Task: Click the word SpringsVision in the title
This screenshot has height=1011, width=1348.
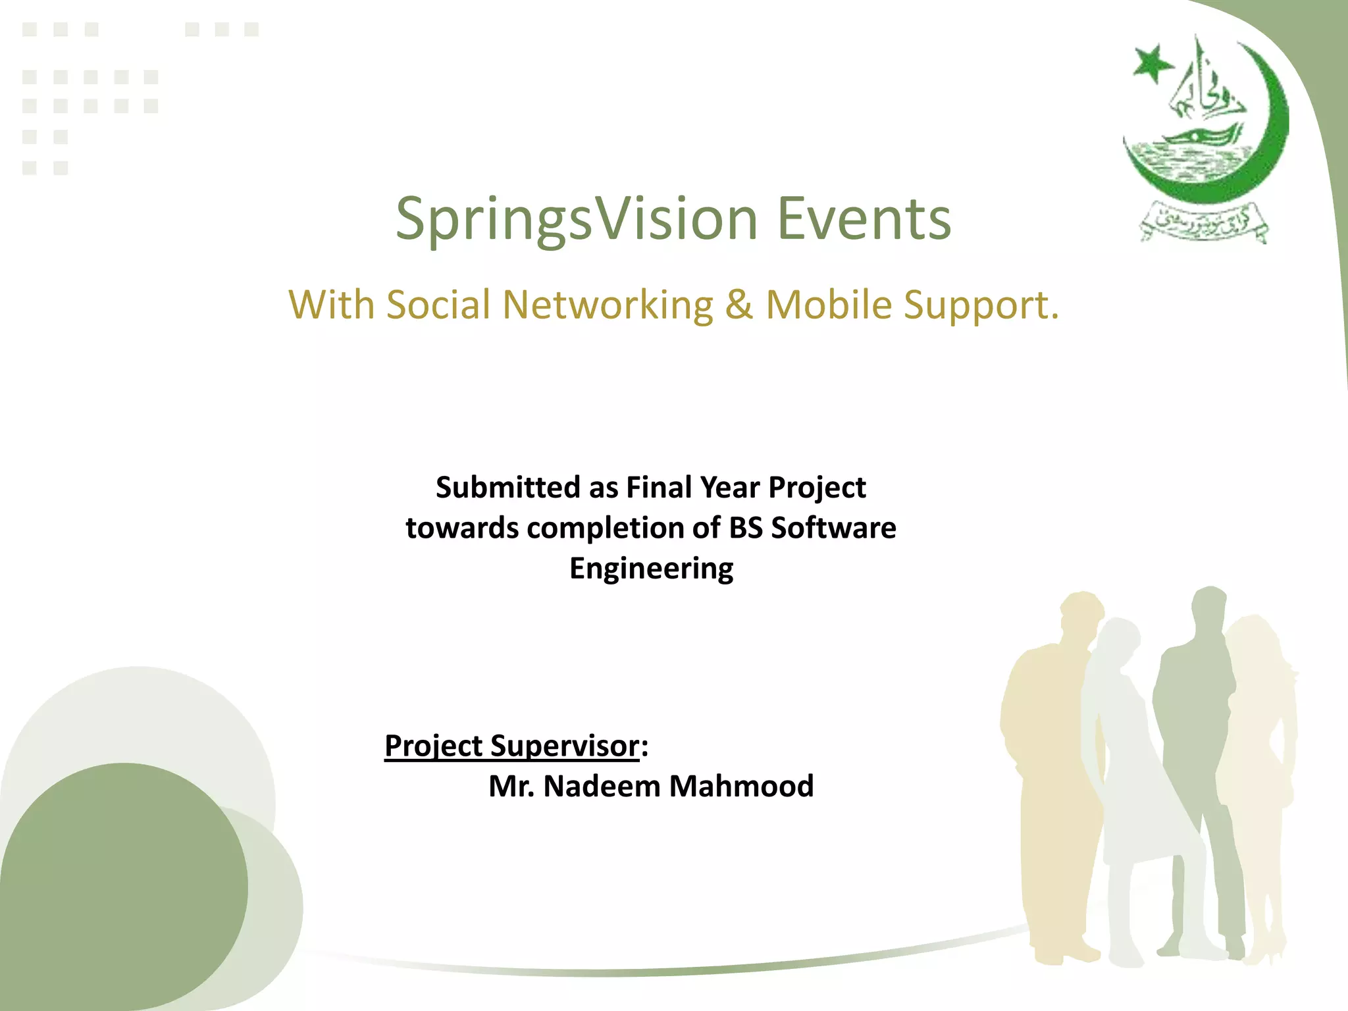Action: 577,220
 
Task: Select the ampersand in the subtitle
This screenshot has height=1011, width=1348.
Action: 739,305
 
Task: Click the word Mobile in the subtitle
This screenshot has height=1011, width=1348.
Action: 828,305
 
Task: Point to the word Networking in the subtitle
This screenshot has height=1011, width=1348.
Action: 608,306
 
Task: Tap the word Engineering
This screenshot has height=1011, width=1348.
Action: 651,569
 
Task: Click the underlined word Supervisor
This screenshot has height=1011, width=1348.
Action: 565,747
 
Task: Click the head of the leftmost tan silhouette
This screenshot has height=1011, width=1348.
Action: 1081,612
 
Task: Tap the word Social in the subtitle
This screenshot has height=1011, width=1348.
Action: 438,305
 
